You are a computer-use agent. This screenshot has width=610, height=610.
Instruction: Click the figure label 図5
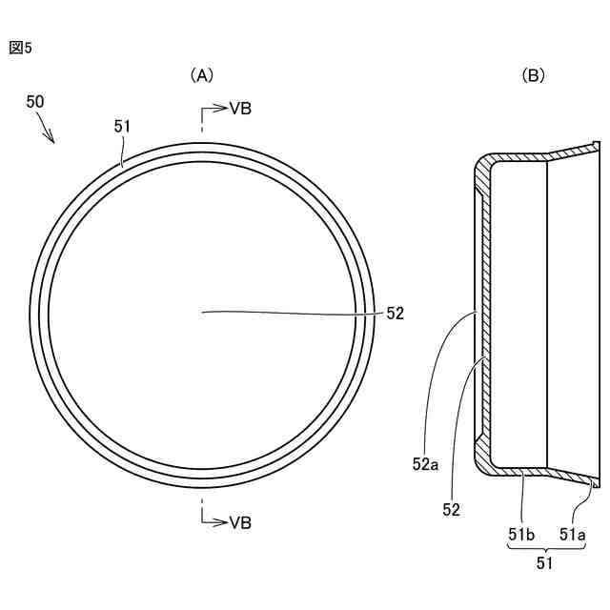pyautogui.click(x=21, y=48)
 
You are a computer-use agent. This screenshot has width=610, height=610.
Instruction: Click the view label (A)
pyautogui.click(x=201, y=74)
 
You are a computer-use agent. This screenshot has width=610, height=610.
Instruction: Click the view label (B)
pyautogui.click(x=534, y=74)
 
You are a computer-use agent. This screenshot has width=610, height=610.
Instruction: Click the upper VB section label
pyautogui.click(x=240, y=109)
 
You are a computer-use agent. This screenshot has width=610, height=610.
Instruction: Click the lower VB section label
pyautogui.click(x=240, y=522)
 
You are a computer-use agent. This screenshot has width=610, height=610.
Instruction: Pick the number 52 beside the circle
pyautogui.click(x=396, y=313)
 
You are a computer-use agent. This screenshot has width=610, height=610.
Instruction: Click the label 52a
pyautogui.click(x=426, y=464)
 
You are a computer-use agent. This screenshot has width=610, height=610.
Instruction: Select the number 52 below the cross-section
pyautogui.click(x=451, y=510)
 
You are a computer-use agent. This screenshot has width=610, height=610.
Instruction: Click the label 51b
pyautogui.click(x=520, y=535)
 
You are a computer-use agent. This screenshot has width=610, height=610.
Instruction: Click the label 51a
pyautogui.click(x=572, y=535)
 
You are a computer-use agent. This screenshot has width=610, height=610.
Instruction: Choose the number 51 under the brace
pyautogui.click(x=545, y=563)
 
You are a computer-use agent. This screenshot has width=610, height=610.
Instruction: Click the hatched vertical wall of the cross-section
pyautogui.click(x=482, y=315)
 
